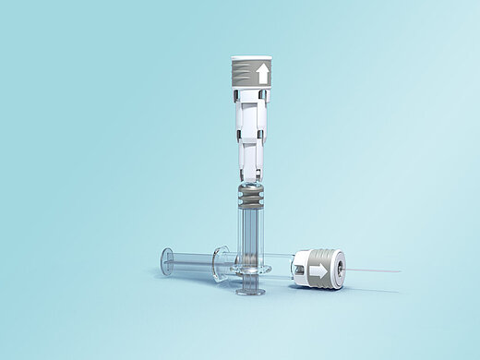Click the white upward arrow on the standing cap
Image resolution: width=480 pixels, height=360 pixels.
(263, 74)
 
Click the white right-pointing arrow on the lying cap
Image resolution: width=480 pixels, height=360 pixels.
(318, 270)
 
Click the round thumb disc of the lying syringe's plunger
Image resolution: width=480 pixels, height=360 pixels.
(166, 260)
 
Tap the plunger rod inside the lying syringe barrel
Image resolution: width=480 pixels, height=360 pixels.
(194, 262)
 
